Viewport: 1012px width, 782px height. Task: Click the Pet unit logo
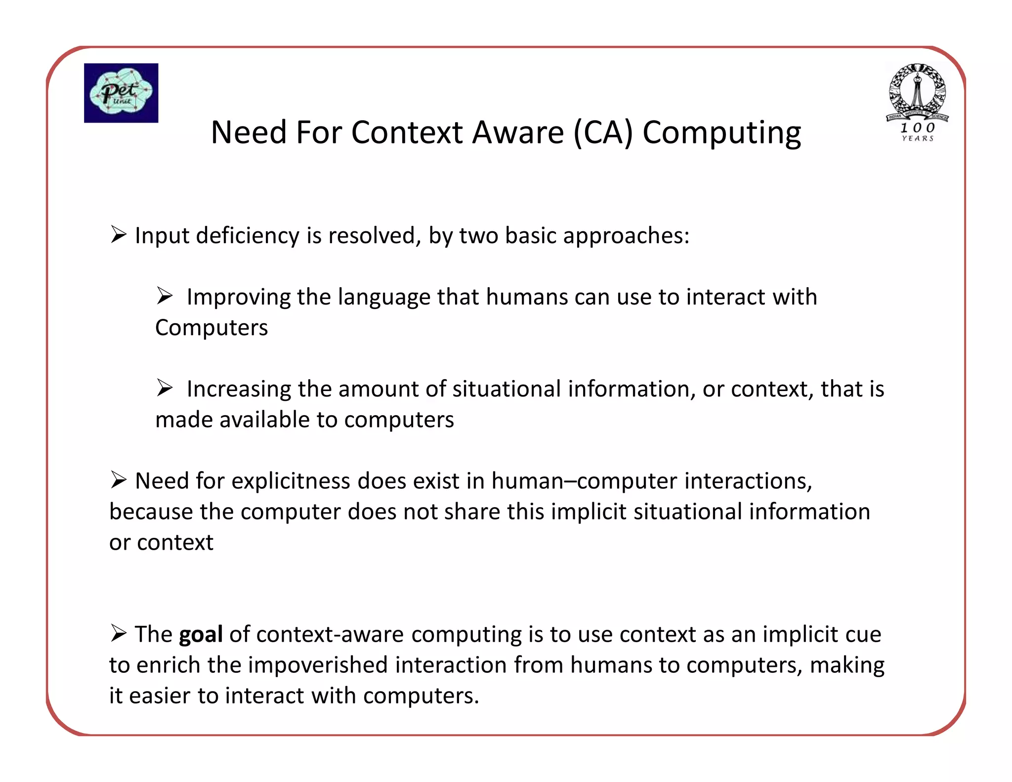coord(121,93)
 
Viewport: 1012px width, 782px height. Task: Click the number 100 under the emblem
coord(917,128)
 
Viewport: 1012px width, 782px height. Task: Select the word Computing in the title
coord(721,133)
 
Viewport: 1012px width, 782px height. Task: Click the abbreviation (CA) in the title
coord(603,133)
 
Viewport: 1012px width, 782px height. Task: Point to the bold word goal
coord(201,635)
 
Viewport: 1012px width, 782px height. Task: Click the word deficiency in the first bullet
coord(247,235)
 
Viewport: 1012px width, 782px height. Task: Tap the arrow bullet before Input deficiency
coord(119,234)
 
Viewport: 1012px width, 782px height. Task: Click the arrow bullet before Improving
coord(165,296)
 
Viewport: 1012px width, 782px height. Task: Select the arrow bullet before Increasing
coord(165,388)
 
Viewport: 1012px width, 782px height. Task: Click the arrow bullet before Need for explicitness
coord(119,479)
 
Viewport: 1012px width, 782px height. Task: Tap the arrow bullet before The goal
coord(119,633)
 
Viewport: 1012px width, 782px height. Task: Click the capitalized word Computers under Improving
coord(211,328)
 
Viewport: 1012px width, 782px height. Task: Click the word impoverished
coord(318,665)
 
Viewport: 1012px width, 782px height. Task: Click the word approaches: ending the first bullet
coord(626,236)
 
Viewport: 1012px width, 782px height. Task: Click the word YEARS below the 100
coord(917,139)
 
